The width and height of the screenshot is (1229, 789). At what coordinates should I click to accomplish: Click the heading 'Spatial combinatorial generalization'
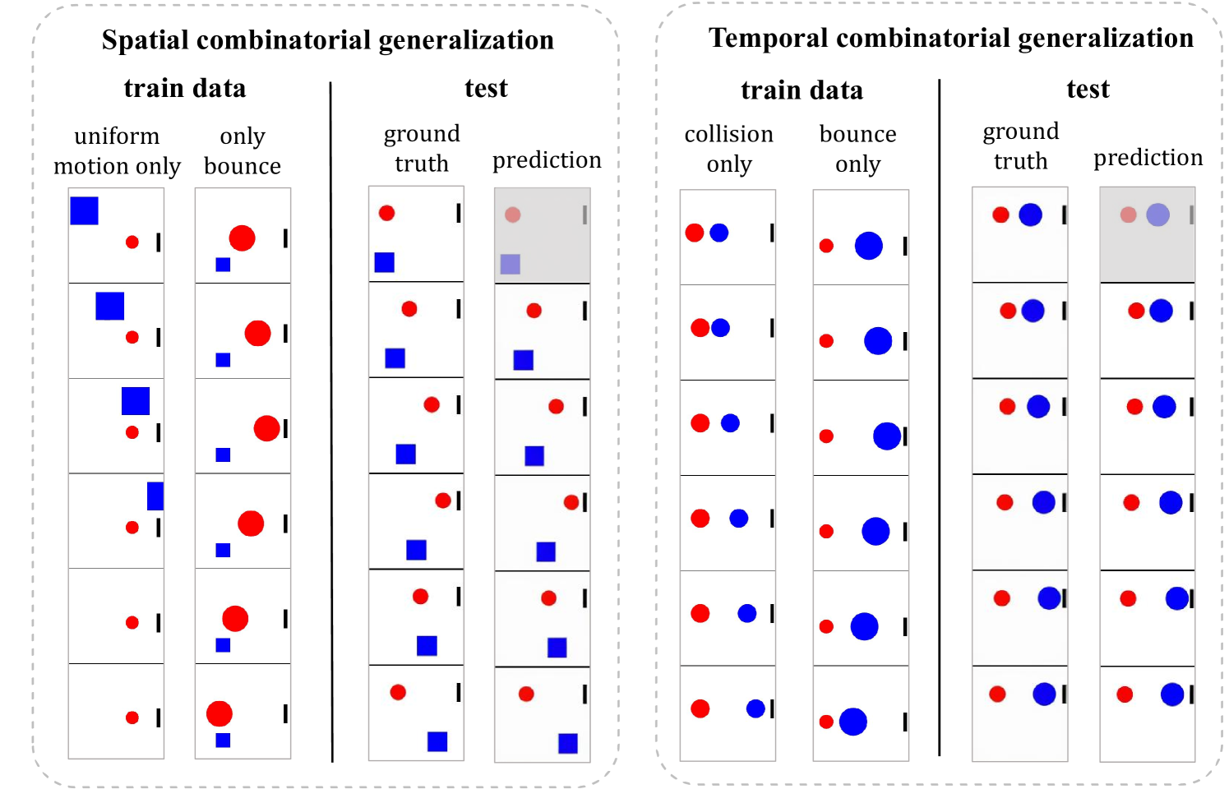(x=327, y=40)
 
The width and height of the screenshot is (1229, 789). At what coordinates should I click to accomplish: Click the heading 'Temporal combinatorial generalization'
(x=950, y=38)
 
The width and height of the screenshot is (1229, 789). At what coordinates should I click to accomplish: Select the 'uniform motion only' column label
(x=117, y=151)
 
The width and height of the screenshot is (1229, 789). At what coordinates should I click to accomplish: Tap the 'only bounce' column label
(x=243, y=151)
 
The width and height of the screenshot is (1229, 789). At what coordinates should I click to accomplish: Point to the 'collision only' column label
(x=729, y=149)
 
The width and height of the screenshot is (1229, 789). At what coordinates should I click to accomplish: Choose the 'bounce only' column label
(x=857, y=149)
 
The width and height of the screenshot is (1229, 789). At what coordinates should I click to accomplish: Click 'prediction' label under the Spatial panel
(x=547, y=159)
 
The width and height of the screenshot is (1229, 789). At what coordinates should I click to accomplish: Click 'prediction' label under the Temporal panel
(x=1148, y=157)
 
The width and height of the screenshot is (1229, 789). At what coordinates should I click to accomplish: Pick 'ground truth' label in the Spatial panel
(x=422, y=148)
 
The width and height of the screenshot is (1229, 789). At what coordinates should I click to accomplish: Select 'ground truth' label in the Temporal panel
(x=1021, y=145)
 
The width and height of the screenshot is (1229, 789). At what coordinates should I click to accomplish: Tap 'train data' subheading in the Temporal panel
(x=802, y=90)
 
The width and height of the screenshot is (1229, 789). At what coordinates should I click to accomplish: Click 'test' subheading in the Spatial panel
(x=486, y=88)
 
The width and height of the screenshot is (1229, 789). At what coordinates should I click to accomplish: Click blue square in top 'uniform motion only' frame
(x=85, y=210)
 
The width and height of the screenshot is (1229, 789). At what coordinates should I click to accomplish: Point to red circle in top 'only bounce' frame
(x=242, y=238)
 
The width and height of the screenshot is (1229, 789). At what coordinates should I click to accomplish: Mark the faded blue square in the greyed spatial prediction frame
(x=511, y=264)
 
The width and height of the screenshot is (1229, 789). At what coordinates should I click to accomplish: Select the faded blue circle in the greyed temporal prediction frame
(x=1157, y=215)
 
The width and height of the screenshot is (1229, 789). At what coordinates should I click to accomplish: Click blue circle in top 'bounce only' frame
(x=868, y=245)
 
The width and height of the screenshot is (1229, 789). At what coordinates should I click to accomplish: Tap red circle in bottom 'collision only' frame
(x=700, y=708)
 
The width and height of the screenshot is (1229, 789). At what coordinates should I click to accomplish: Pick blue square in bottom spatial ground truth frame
(x=437, y=741)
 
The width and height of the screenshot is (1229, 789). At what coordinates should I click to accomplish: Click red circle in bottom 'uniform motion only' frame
(x=132, y=717)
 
